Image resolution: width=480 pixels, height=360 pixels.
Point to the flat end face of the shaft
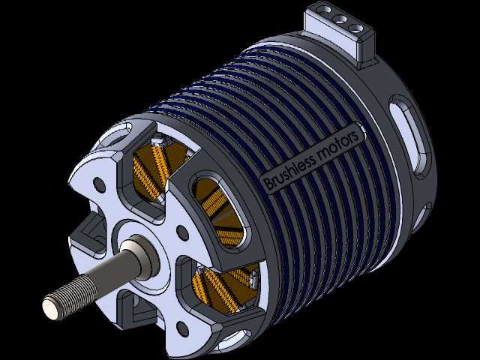51,308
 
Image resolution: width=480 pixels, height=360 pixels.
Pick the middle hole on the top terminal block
340,19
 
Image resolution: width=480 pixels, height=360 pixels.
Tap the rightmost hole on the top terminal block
356,28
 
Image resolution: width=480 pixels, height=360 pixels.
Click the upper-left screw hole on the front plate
100,184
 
